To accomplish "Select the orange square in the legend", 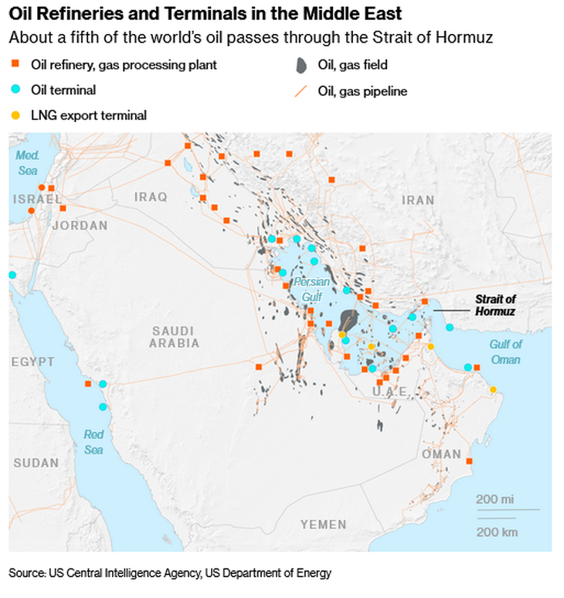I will click(15, 65).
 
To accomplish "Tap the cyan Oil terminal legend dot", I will click(15, 90).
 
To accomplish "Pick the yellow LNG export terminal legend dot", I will click(15, 115).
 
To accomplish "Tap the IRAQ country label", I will click(150, 197).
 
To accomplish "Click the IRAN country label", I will click(418, 200).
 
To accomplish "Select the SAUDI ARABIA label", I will click(174, 336).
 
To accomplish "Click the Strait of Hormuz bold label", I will click(495, 305).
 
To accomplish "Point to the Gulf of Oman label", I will click(505, 352).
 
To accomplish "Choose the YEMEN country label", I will click(323, 525).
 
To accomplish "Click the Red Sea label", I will click(93, 442).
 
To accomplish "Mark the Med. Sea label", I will click(27, 162).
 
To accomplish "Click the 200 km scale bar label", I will click(496, 532).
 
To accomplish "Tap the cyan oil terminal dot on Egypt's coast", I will click(12, 275).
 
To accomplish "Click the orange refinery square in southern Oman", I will click(469, 461).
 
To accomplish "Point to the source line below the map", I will click(170, 573).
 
